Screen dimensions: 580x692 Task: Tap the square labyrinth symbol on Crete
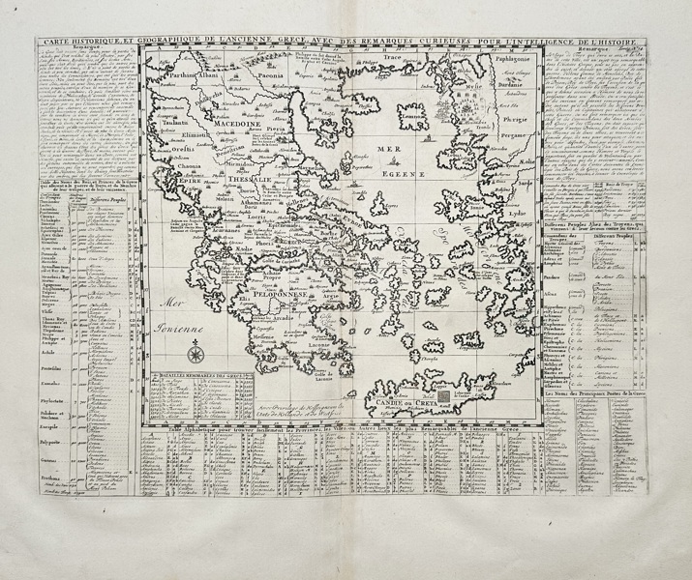pyautogui.click(x=444, y=394)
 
